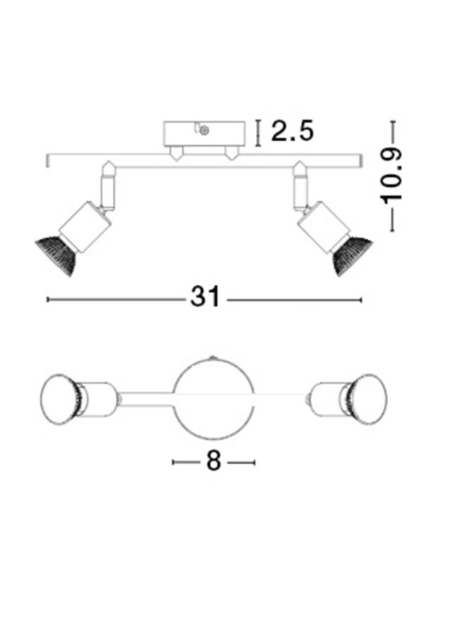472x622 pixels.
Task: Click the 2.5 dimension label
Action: click(292, 131)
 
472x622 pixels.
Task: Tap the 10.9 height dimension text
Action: click(391, 176)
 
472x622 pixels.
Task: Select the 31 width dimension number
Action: click(205, 296)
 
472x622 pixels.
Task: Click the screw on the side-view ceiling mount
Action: click(205, 129)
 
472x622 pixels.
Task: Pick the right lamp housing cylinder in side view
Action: click(324, 227)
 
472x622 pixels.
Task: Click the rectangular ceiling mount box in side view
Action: click(205, 134)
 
